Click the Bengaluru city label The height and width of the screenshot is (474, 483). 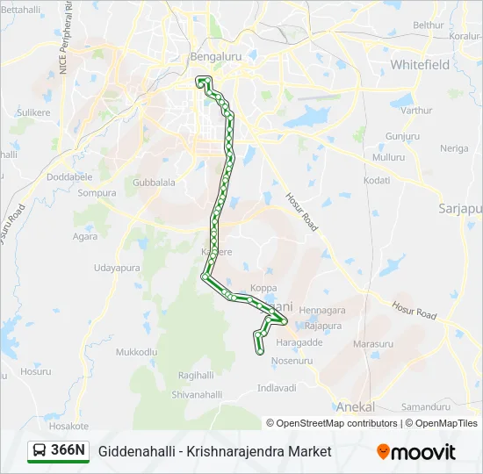[x=215, y=56]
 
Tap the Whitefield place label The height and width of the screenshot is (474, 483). [x=420, y=65]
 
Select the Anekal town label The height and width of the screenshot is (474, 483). [x=356, y=407]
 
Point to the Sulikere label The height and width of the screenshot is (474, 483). [x=33, y=113]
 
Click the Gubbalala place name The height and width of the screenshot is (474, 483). [x=154, y=183]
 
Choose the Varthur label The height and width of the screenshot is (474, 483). [x=416, y=111]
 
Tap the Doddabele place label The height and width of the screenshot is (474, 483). [x=68, y=176]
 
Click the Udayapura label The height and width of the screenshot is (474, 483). [x=117, y=268]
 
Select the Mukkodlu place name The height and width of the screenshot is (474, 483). [x=136, y=351]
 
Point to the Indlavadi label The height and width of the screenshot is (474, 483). [x=278, y=387]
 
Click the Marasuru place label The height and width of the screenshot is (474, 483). [x=372, y=344]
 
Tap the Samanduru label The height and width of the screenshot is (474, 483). [x=425, y=407]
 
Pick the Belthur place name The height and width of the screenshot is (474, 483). [x=429, y=25]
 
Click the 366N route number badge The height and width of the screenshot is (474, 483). [x=68, y=450]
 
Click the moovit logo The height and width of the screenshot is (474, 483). [x=416, y=452]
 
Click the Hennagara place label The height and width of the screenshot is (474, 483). [x=322, y=311]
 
